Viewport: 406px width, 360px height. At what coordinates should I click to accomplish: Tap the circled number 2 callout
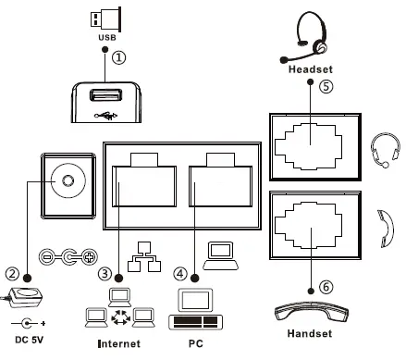point(13,273)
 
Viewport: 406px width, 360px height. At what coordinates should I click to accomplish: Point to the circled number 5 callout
point(325,87)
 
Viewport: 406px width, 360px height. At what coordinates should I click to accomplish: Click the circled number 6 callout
point(326,288)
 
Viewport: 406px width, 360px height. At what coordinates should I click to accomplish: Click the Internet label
point(119,344)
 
